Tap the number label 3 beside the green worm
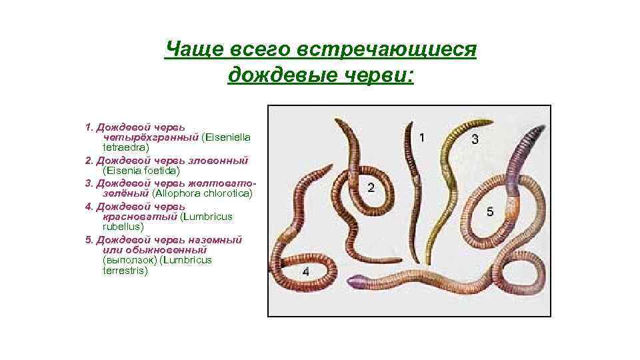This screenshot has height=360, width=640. (x=475, y=139)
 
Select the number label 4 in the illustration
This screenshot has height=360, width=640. (x=305, y=271)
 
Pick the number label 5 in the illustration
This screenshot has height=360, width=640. (x=490, y=211)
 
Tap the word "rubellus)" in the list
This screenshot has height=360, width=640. (x=123, y=227)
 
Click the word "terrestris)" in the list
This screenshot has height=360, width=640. (x=125, y=271)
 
